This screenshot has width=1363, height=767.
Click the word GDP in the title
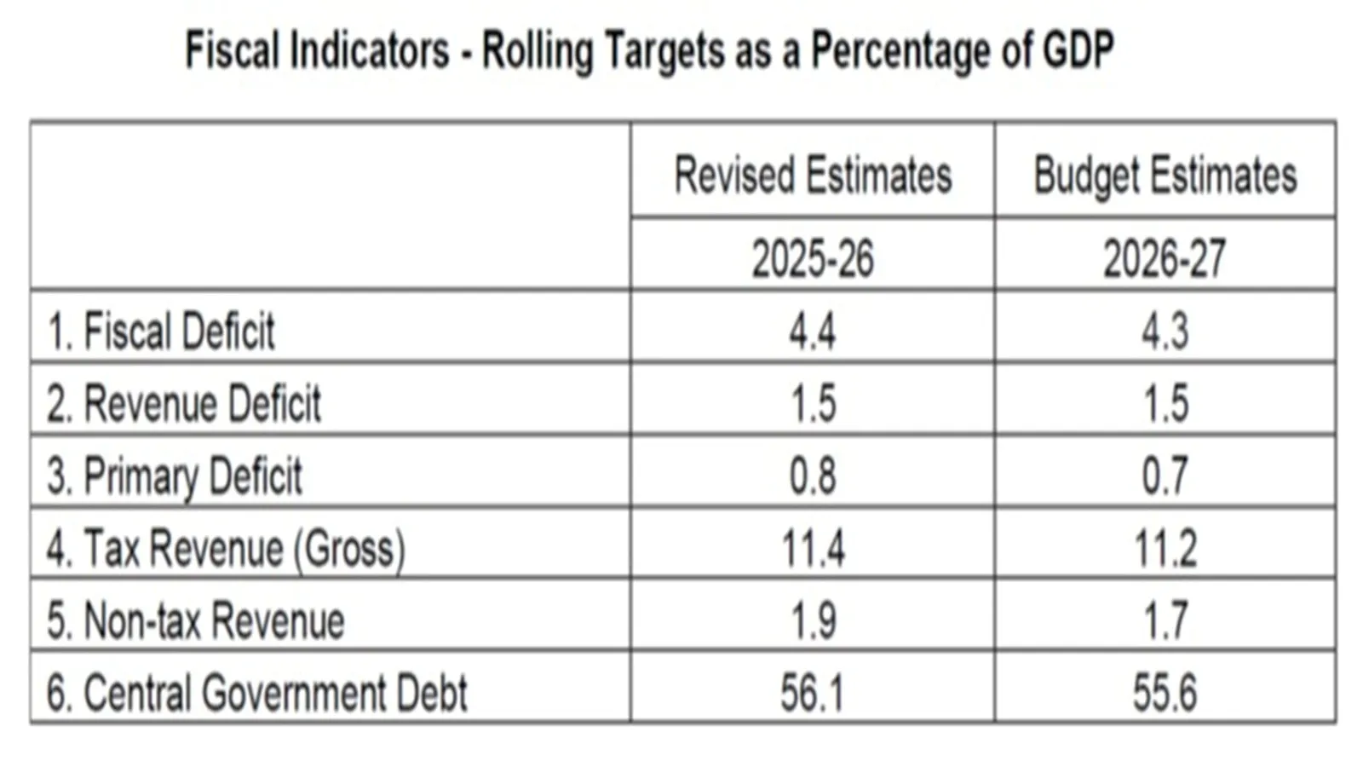point(1078,49)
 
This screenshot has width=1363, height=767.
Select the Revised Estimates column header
point(813,176)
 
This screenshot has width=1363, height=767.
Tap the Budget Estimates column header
point(1165,176)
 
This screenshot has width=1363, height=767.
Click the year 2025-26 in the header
point(813,258)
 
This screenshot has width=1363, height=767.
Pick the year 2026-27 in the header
point(1165,258)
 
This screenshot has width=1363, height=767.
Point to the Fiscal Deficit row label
point(162,331)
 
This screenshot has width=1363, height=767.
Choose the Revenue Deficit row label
point(185,403)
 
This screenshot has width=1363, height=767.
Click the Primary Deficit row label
point(175,476)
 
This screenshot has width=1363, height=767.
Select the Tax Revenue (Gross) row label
point(227,548)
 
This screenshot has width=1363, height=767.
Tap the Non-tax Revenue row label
point(197,620)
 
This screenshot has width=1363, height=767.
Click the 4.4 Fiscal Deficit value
point(813,331)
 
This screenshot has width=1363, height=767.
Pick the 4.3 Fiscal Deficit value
point(1165,331)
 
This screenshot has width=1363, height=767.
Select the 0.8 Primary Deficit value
point(813,476)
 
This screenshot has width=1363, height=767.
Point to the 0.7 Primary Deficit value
point(1165,476)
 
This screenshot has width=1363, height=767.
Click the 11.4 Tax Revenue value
point(813,548)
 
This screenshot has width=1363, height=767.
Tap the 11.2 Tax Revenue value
point(1165,548)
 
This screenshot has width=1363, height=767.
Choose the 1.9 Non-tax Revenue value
point(813,620)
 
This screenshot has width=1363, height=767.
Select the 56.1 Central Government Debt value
point(813,692)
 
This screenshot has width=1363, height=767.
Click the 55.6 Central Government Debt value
point(1165,692)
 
